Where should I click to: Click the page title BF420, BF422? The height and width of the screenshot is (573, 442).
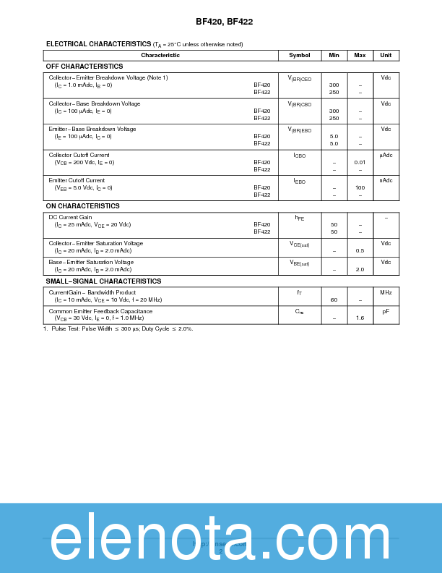(224, 22)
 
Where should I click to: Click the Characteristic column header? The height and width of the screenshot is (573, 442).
(160, 56)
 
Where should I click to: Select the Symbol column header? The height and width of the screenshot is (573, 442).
(299, 56)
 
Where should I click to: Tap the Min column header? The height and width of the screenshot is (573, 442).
(334, 56)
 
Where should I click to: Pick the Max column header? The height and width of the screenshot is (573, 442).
(360, 56)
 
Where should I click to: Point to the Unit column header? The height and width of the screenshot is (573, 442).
(386, 56)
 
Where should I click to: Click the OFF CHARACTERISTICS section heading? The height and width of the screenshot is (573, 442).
(84, 67)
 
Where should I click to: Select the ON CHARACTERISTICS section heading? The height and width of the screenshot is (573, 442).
(83, 206)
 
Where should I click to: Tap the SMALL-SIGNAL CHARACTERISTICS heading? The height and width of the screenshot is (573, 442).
(104, 281)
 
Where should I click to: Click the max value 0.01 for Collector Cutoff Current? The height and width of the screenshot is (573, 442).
(360, 163)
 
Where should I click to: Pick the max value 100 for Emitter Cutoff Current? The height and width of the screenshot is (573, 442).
(360, 188)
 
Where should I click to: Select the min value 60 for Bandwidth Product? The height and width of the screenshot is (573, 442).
(334, 300)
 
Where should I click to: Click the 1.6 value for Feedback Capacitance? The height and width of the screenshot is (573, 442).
(360, 318)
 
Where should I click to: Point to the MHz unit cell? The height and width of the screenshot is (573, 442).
(386, 292)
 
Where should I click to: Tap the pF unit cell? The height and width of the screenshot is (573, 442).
(386, 311)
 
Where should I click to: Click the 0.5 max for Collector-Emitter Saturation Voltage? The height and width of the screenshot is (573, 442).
(360, 250)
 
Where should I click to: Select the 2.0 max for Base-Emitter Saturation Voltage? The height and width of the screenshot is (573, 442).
(360, 269)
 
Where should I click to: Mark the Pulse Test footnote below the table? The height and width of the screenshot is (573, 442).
(118, 328)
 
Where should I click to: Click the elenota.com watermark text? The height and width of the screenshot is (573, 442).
(220, 538)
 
